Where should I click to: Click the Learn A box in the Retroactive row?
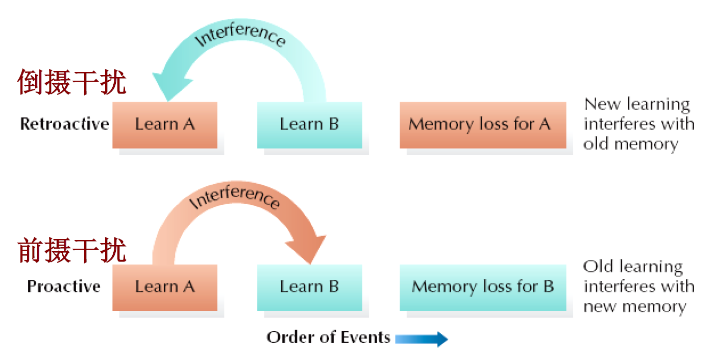coord(165,125)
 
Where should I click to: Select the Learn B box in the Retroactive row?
coord(309,125)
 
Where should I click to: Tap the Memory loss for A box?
coord(482,125)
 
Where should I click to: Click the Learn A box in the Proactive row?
coord(165,287)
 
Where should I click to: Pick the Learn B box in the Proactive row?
coord(309,287)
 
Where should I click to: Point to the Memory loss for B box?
coord(482,287)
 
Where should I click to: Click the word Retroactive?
coord(65,124)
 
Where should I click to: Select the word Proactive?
coord(64,286)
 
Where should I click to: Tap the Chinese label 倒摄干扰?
coord(72,82)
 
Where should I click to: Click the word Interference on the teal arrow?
coord(240,36)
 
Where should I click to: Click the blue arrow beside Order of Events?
coord(421,339)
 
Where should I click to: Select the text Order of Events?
coord(328,338)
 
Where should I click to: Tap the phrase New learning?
coord(637,104)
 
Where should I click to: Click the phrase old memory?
coord(631,144)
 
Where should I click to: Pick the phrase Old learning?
coord(633,267)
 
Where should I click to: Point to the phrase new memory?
coord(635,307)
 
